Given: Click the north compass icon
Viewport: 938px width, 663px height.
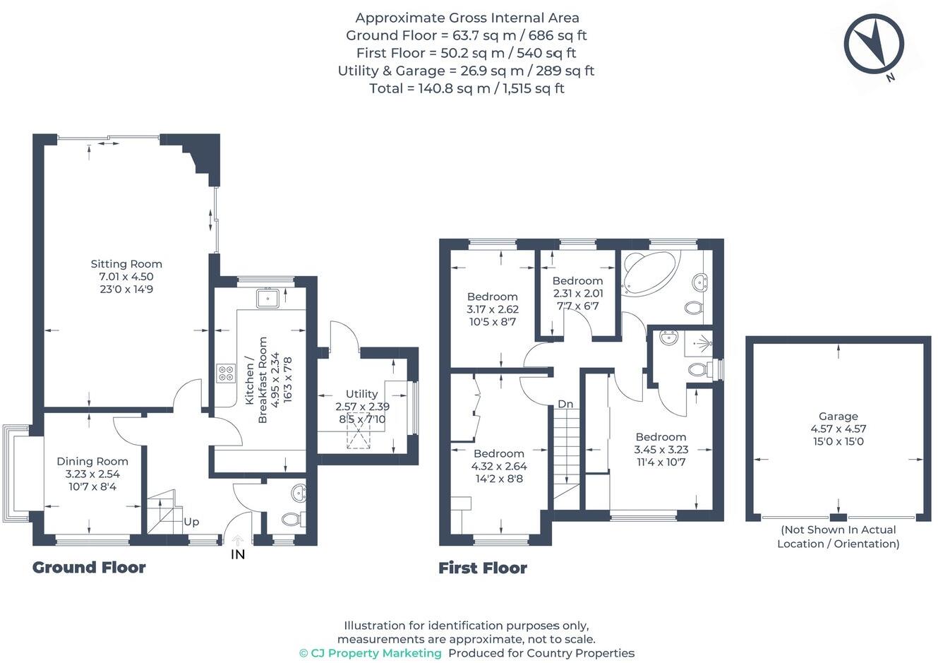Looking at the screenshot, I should (x=874, y=44).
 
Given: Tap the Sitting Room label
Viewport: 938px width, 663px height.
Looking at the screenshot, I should (x=126, y=264).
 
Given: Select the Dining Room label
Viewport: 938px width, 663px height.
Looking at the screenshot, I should (x=92, y=462).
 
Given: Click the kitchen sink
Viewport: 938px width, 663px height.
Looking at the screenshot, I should (x=267, y=299).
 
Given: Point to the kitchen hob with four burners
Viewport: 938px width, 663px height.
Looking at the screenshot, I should (x=226, y=373).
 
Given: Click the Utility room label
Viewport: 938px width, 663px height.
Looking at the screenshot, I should (x=361, y=394).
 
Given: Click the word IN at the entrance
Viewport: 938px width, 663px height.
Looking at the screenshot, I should (x=238, y=555).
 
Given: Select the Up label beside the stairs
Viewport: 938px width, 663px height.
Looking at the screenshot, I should (x=191, y=522).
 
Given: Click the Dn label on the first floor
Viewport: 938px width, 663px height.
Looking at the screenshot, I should (x=565, y=404).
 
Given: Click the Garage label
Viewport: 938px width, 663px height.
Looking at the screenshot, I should (x=838, y=417).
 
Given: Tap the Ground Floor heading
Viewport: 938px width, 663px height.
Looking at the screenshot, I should (x=89, y=568).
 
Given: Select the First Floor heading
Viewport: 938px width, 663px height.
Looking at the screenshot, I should (x=483, y=568).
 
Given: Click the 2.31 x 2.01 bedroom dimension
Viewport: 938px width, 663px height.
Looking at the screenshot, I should (x=577, y=294).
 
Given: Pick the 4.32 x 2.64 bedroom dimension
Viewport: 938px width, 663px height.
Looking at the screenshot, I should (x=498, y=466).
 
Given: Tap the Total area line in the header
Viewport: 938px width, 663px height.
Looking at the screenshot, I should (x=467, y=88).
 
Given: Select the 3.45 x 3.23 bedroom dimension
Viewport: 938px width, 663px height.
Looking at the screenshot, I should (x=661, y=449).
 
